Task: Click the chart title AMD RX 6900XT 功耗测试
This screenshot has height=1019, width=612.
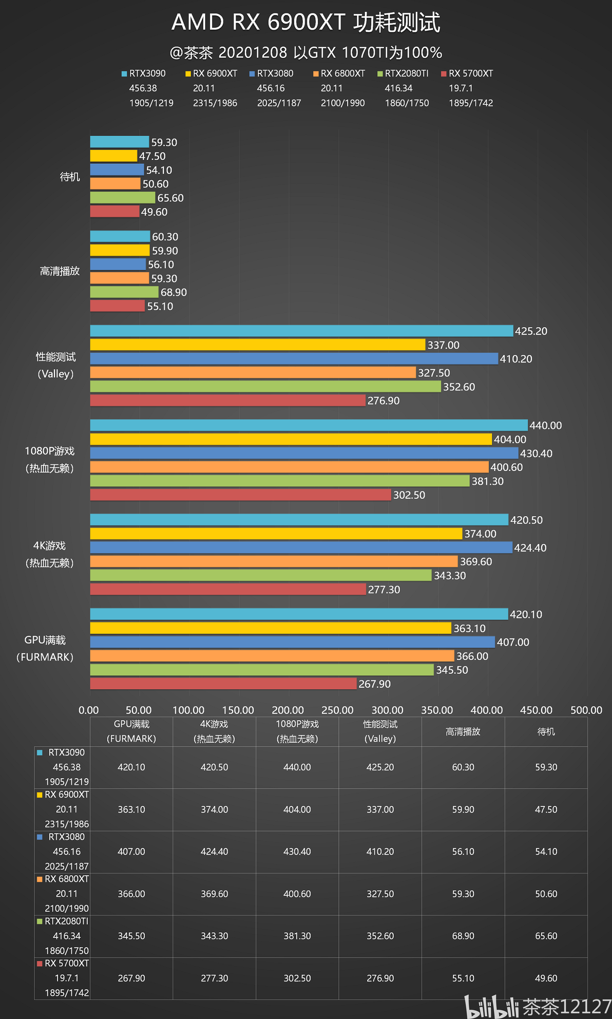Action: click(306, 23)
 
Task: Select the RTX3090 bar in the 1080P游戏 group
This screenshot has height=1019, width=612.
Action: click(309, 425)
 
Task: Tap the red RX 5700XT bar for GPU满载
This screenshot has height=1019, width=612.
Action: click(223, 684)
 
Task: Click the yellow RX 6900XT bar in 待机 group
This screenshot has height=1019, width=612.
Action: click(113, 156)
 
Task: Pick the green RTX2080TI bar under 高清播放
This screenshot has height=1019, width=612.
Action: click(124, 292)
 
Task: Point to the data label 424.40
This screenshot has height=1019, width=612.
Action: click(530, 548)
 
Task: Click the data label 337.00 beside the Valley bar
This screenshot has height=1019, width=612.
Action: click(444, 345)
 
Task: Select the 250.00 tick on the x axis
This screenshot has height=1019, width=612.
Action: click(337, 710)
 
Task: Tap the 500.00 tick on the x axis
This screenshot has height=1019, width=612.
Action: click(586, 710)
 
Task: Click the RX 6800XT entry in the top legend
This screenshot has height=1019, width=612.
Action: click(339, 73)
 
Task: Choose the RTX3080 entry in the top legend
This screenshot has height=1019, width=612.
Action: click(272, 73)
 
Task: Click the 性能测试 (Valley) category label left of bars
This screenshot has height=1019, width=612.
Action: click(55, 365)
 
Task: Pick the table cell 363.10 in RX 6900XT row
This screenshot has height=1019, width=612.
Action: click(131, 809)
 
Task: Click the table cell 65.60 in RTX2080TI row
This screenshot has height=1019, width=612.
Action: click(546, 936)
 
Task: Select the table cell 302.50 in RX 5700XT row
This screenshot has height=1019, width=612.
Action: click(297, 978)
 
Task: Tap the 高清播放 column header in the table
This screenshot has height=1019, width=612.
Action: click(463, 731)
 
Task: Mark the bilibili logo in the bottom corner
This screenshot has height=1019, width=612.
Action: click(492, 1007)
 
